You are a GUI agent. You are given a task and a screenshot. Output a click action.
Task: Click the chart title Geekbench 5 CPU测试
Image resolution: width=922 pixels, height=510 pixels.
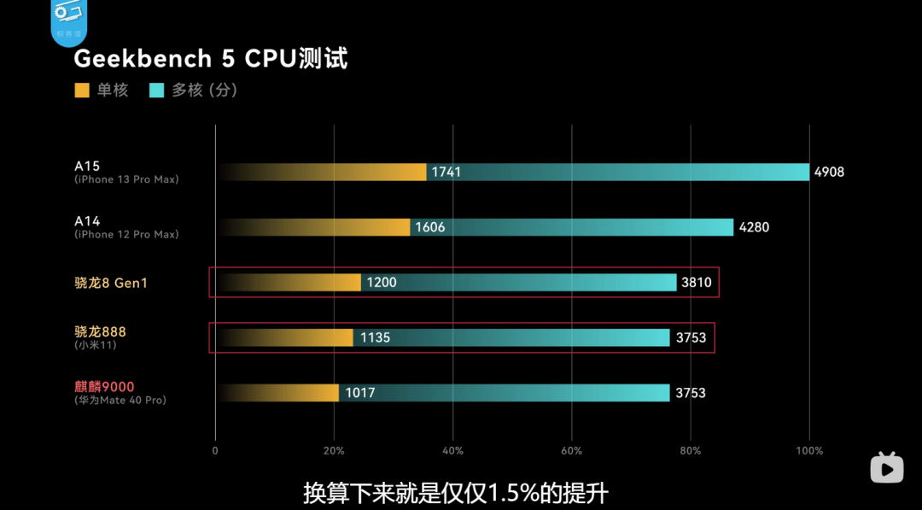click(x=210, y=59)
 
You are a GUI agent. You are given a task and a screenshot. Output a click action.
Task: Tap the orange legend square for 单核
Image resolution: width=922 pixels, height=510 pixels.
click(x=82, y=90)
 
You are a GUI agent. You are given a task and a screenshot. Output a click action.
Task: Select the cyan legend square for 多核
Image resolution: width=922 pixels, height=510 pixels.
click(x=156, y=90)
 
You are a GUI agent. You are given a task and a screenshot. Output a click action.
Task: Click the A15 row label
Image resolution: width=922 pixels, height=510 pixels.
click(x=87, y=167)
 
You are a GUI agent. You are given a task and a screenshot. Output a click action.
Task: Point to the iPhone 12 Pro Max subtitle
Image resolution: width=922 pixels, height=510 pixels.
click(x=126, y=234)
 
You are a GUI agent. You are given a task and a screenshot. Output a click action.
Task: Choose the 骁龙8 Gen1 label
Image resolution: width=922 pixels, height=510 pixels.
click(x=111, y=283)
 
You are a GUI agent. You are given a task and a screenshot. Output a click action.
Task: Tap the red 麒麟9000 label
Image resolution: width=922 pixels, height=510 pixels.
click(x=104, y=386)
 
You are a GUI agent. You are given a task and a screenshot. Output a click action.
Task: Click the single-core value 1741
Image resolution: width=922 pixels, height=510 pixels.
click(x=446, y=172)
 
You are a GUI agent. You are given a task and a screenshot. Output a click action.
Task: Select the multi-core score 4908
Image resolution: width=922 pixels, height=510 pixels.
click(x=829, y=172)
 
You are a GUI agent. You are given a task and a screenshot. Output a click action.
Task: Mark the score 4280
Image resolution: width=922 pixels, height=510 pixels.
click(x=753, y=227)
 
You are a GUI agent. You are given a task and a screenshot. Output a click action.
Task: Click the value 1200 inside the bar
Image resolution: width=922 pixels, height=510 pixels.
click(x=382, y=282)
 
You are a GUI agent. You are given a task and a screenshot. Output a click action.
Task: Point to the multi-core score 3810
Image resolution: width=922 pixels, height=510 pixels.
click(x=696, y=282)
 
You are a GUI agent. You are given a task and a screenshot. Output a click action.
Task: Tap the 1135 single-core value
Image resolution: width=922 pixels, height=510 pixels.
click(x=375, y=337)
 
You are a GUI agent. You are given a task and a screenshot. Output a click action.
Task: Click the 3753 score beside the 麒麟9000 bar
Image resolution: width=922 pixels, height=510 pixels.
click(x=691, y=393)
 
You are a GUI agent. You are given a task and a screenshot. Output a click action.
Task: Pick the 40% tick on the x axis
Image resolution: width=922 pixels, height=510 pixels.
click(x=452, y=451)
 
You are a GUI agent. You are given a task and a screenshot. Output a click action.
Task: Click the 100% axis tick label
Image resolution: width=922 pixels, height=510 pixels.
click(x=809, y=451)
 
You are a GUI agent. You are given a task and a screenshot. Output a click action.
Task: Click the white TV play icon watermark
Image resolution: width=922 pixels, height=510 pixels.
click(x=887, y=467)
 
